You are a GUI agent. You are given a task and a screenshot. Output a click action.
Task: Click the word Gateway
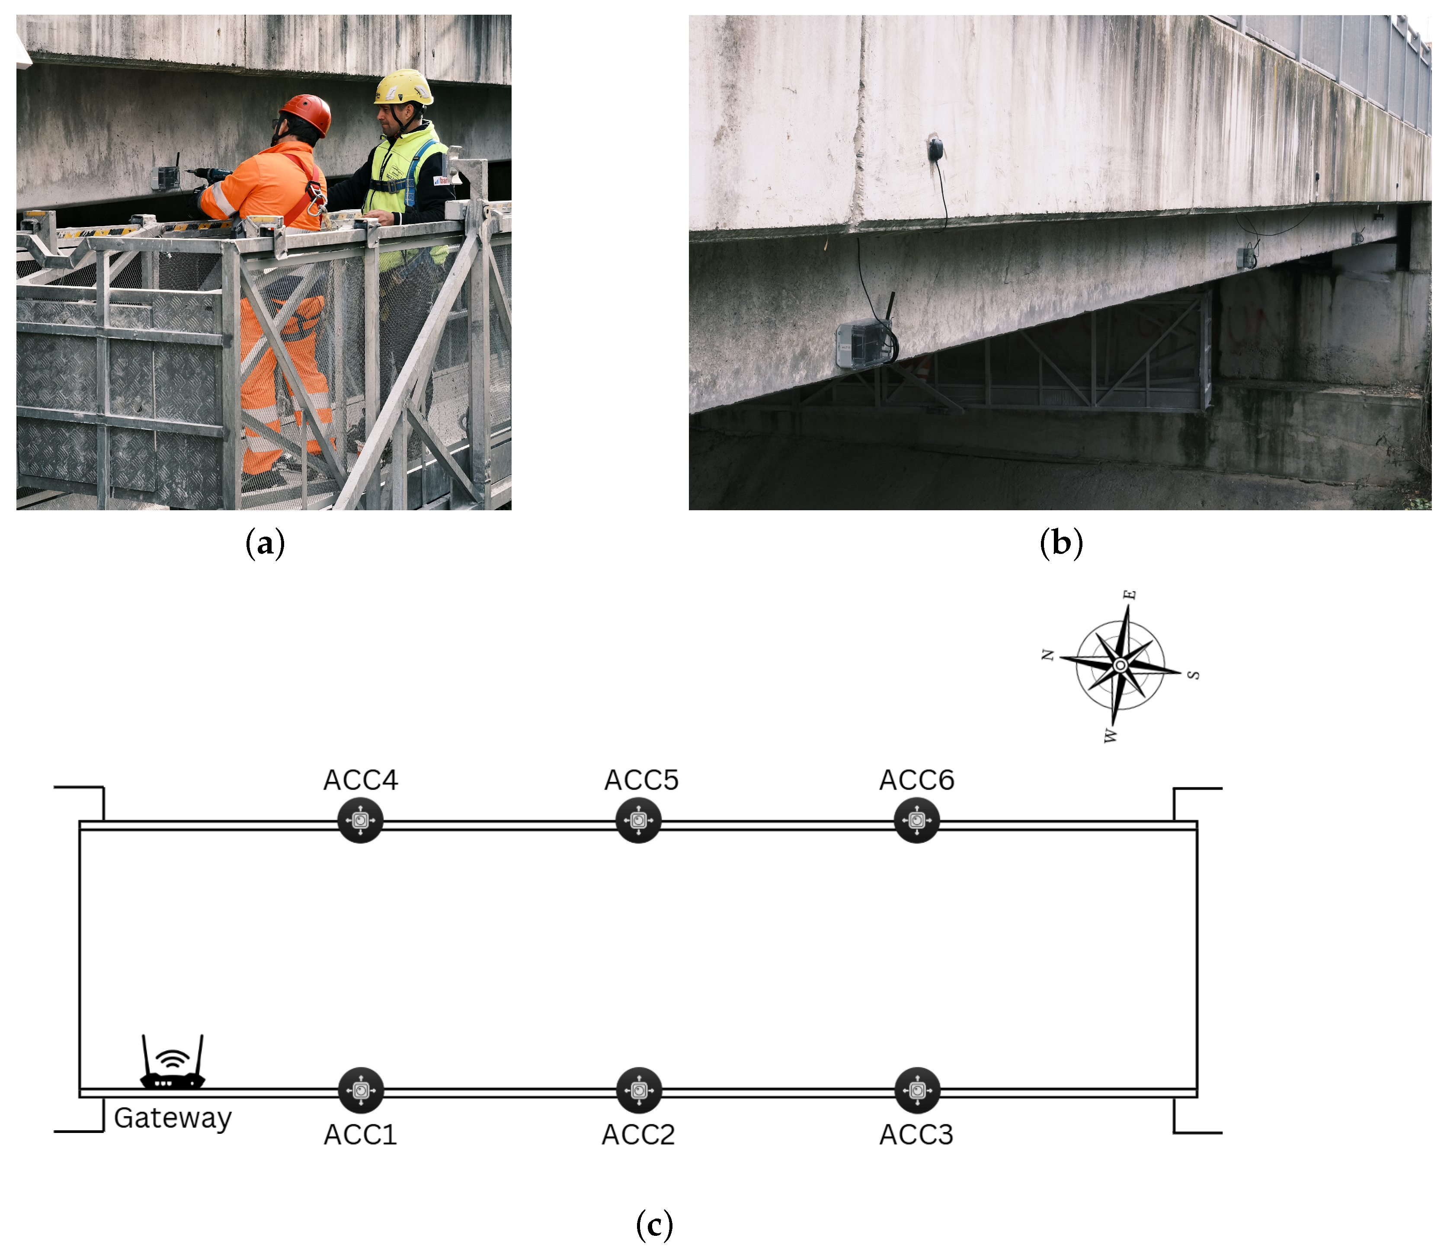(x=173, y=1118)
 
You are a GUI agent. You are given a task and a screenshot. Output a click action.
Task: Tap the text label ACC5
(x=642, y=780)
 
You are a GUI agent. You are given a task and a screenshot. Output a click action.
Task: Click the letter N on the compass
(x=1047, y=655)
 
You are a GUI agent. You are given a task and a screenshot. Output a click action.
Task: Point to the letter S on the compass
(x=1194, y=675)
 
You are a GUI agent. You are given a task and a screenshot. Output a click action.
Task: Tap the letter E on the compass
(x=1130, y=595)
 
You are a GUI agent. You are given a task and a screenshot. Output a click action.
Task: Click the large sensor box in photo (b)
(x=865, y=343)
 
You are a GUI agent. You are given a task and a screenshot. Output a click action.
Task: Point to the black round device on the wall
(x=935, y=149)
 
